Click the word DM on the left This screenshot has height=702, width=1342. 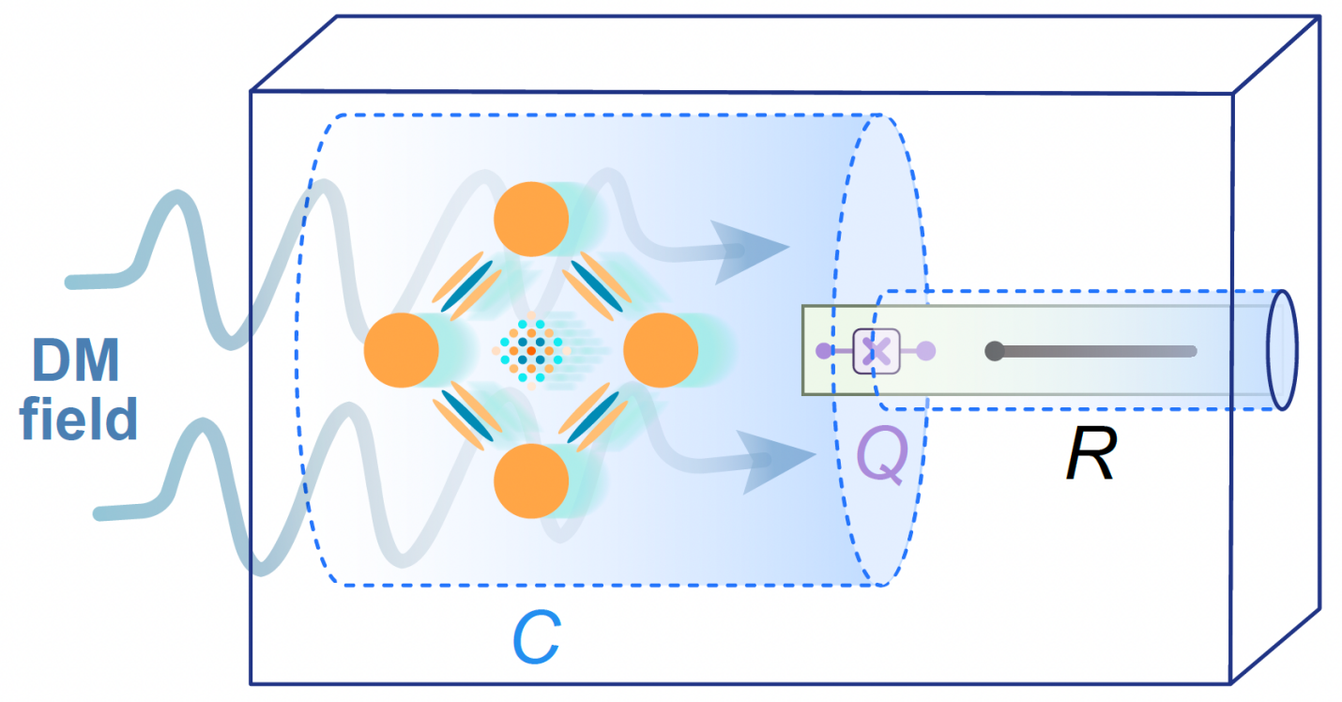[x=75, y=359]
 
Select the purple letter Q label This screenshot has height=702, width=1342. [x=882, y=453]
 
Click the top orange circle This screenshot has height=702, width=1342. [x=531, y=220]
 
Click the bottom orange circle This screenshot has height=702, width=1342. [x=531, y=481]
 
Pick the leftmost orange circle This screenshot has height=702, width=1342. [x=402, y=350]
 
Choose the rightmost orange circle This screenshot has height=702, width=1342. [x=661, y=350]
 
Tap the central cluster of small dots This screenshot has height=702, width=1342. [x=531, y=351]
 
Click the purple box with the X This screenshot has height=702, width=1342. [x=877, y=351]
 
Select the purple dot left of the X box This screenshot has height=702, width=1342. [x=824, y=351]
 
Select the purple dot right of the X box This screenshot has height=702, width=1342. [x=926, y=351]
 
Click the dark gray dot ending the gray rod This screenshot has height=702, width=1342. [x=995, y=351]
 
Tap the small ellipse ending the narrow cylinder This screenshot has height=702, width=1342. [x=1282, y=350]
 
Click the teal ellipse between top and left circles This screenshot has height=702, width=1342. [x=466, y=285]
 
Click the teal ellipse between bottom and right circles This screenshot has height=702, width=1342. [x=593, y=417]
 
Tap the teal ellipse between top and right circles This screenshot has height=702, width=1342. [x=597, y=285]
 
